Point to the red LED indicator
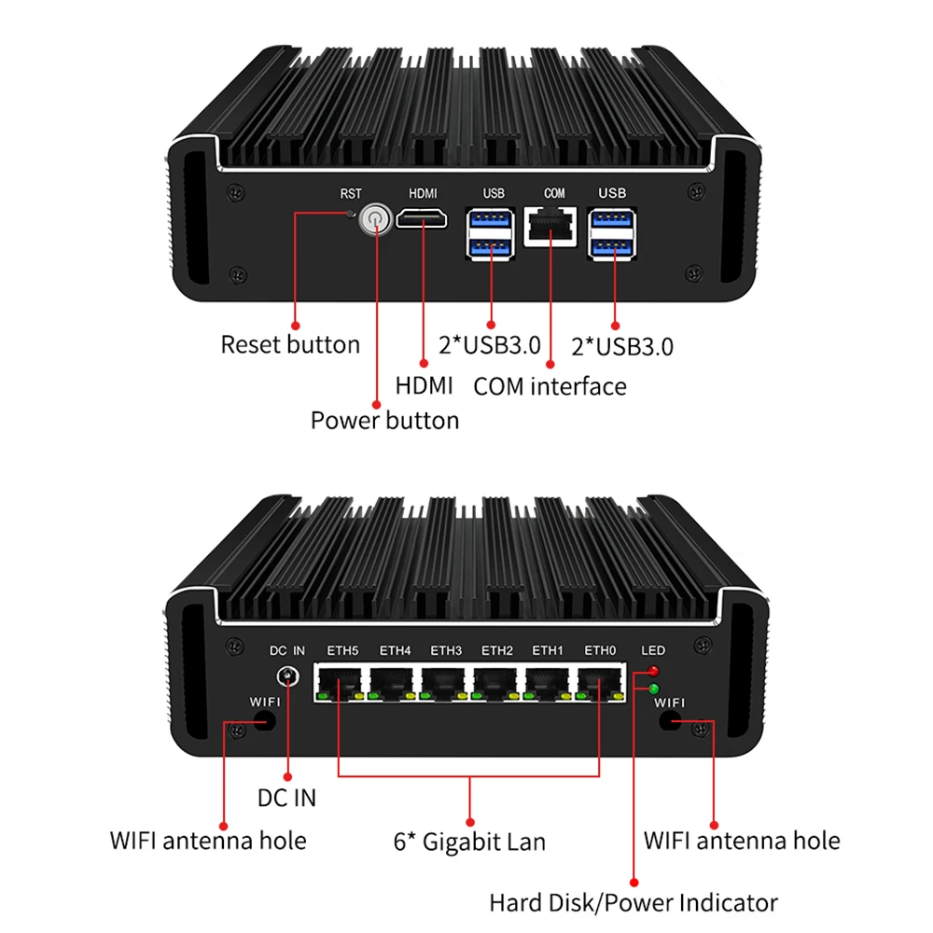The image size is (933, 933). tap(652, 671)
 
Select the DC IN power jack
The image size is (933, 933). tap(287, 678)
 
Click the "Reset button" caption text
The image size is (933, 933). tap(290, 344)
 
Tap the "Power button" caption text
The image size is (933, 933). tap(384, 420)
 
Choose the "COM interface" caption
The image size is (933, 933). tap(550, 385)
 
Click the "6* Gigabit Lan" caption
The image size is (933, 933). tap(468, 842)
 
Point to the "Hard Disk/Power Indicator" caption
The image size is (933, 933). tap(634, 902)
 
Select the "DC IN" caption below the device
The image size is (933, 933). tap(286, 798)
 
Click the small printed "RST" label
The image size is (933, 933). tap(351, 194)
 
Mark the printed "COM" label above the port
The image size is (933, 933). tap(554, 194)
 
